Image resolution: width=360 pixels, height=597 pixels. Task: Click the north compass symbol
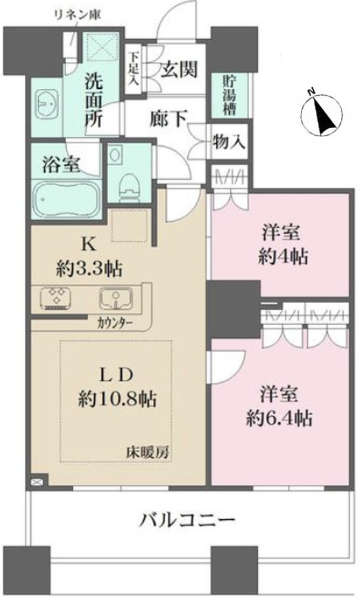[x=321, y=113]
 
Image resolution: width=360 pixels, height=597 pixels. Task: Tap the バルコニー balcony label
[x=187, y=519]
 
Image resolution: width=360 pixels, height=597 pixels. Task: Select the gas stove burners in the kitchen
[x=56, y=297]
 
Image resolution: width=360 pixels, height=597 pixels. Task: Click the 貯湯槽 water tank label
[x=229, y=96]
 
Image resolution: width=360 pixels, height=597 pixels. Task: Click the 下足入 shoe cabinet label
[x=133, y=69]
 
